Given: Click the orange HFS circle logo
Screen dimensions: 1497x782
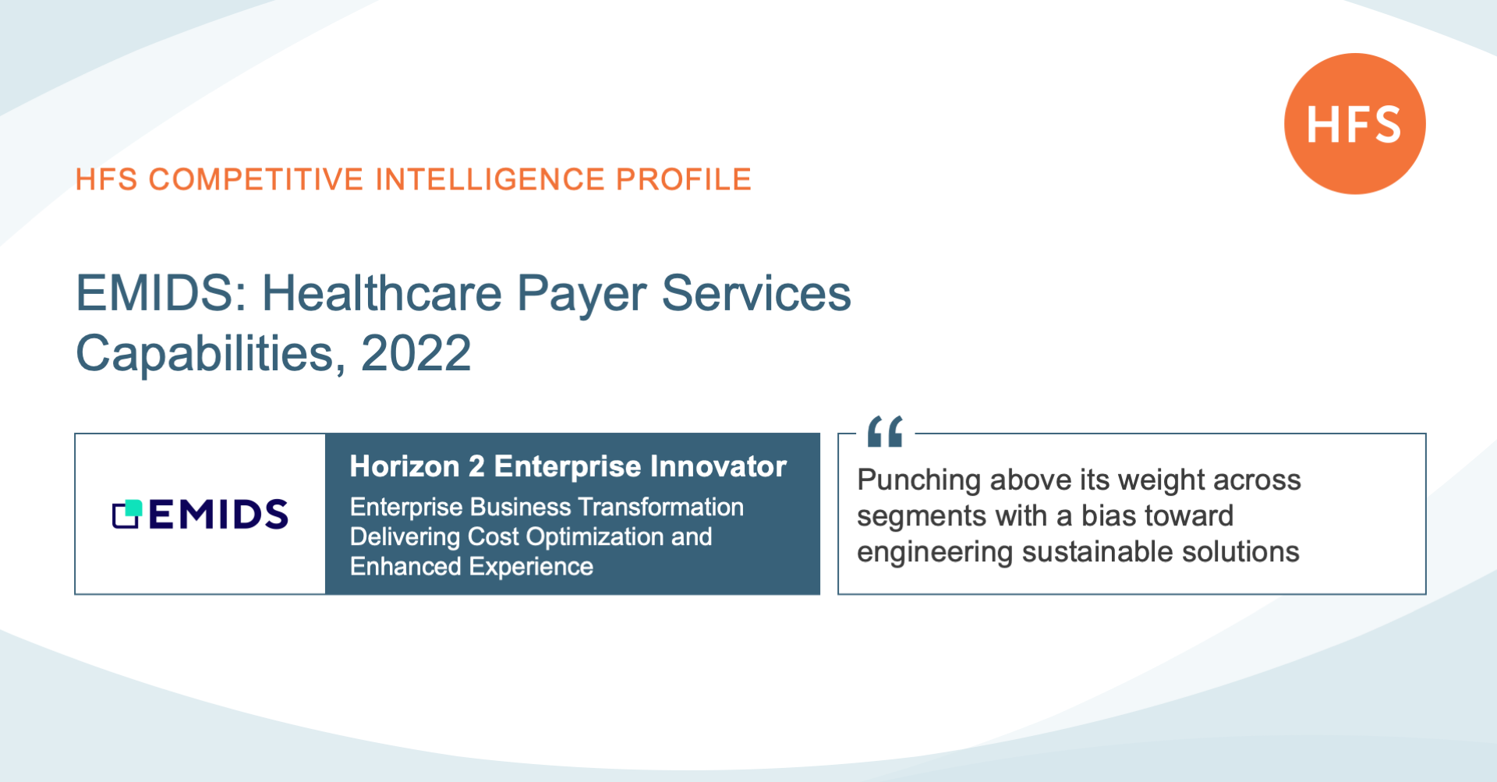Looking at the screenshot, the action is point(1355,123).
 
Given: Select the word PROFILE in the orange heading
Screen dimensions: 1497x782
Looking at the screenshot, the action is point(684,179).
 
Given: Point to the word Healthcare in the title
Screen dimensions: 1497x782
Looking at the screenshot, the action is point(382,294).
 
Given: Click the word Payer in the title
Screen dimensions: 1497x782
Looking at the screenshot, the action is point(582,295).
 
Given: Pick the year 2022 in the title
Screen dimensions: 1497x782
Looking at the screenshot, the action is point(416,354).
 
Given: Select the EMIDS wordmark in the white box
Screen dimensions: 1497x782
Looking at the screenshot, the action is point(218,515).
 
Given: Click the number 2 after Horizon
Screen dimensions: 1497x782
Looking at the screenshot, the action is point(476,466).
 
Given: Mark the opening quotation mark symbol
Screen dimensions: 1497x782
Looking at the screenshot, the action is point(885,431).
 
